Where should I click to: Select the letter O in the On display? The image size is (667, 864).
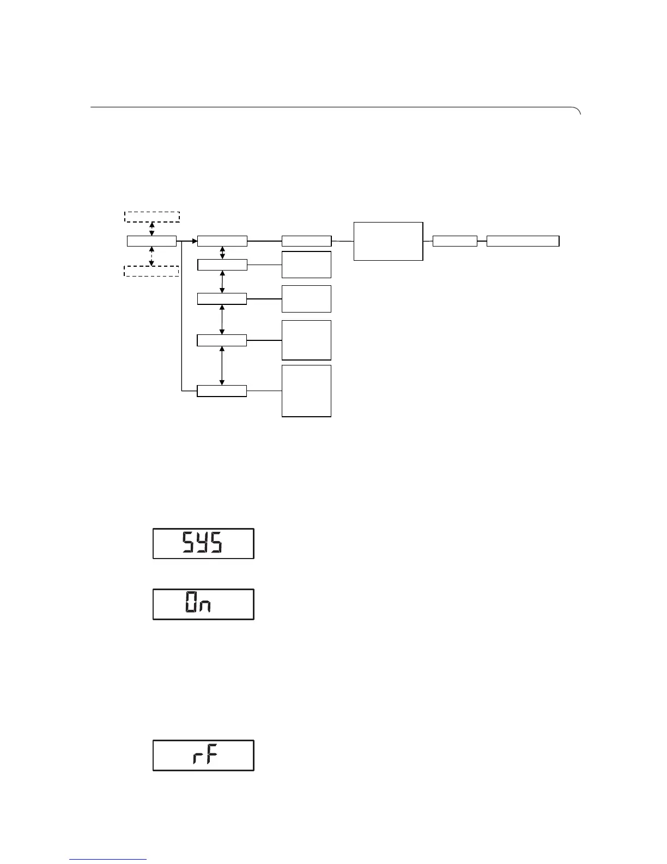tap(191, 604)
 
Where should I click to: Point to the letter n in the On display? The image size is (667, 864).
tap(205, 607)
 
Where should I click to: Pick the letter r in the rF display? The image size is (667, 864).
tap(197, 758)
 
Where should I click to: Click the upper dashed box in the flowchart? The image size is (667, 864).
tap(152, 217)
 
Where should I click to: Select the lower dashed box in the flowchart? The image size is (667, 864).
tap(151, 271)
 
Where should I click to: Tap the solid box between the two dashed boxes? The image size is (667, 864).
tap(151, 241)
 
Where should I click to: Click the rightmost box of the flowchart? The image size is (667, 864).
tap(523, 241)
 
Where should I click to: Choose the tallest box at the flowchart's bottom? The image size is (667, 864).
tap(306, 391)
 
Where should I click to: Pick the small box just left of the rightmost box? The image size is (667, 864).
tap(454, 241)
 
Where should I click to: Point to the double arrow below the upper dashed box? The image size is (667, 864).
tap(152, 229)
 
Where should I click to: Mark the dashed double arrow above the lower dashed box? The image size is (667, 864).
tap(152, 256)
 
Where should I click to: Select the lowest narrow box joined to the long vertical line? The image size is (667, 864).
tap(221, 391)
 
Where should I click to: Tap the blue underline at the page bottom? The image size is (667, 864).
tap(108, 860)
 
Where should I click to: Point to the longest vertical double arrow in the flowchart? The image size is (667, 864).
tap(222, 365)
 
